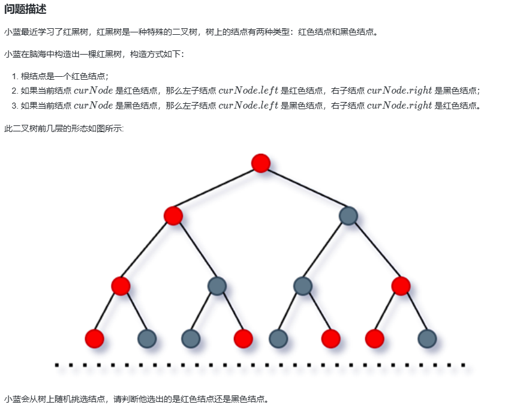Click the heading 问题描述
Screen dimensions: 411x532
pos(25,9)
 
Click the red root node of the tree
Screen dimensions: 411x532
pos(261,163)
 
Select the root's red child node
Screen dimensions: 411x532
pos(173,215)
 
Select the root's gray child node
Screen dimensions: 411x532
pos(348,215)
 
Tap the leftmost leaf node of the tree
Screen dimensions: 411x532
pos(95,339)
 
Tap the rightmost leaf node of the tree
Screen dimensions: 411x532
pos(427,339)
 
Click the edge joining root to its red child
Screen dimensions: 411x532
pos(217,189)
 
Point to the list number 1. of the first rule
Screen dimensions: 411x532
pos(15,76)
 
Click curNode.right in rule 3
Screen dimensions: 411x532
pos(399,106)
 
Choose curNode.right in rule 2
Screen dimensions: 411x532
pos(399,91)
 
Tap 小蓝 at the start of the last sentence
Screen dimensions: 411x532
pos(11,398)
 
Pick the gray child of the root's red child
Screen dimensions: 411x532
pos(217,286)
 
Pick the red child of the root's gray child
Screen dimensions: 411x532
pos(401,286)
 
